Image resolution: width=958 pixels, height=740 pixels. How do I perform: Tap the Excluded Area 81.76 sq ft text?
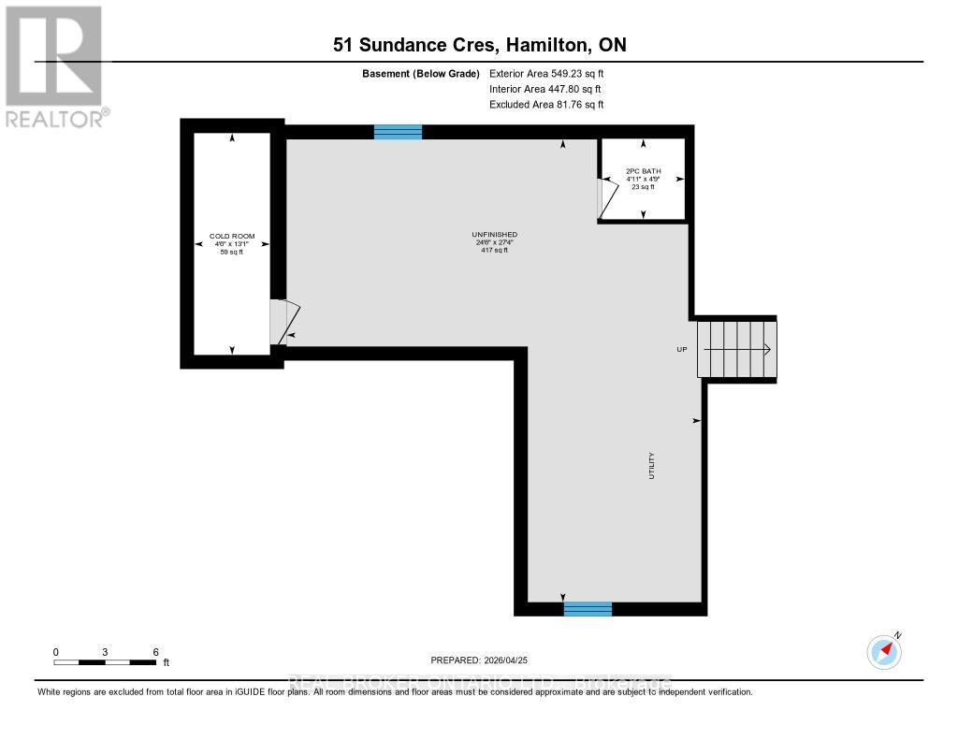click(x=546, y=105)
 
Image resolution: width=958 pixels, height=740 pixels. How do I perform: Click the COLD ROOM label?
click(x=232, y=237)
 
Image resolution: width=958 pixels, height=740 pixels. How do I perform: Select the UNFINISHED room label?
click(x=495, y=235)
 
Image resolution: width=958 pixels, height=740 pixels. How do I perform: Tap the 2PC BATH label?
click(x=643, y=172)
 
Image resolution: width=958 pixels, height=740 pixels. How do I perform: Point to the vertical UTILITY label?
click(x=651, y=466)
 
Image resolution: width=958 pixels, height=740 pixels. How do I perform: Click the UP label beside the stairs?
click(x=682, y=349)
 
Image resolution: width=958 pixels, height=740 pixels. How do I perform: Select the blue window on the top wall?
click(x=398, y=132)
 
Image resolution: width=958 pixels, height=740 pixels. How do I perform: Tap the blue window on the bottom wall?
click(x=588, y=609)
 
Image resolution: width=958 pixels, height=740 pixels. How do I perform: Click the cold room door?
click(x=283, y=321)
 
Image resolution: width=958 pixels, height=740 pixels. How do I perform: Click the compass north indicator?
click(x=883, y=649)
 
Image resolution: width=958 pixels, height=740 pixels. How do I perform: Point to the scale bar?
click(x=105, y=662)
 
